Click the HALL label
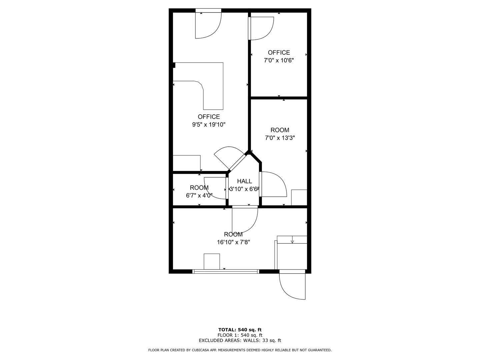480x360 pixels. (244, 181)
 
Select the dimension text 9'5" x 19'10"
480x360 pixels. (209, 125)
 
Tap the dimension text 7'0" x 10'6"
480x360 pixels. (279, 60)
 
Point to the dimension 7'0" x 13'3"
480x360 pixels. (280, 138)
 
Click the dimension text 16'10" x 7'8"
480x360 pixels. (233, 242)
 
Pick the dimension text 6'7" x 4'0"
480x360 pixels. (199, 196)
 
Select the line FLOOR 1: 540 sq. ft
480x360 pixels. (240, 335)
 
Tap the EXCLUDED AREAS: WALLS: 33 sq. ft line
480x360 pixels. (240, 340)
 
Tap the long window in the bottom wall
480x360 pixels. (226, 271)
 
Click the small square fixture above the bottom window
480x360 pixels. (212, 261)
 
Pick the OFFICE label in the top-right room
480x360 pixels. (279, 52)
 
